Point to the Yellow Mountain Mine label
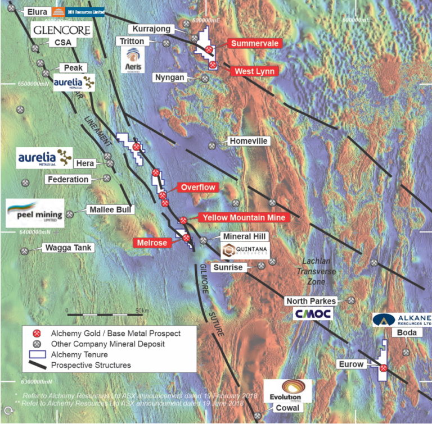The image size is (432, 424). point(244,217)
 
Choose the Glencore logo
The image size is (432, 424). point(61,30)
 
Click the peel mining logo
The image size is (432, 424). point(34,213)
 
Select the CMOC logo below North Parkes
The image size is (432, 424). point(313,313)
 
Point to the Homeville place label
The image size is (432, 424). point(247,141)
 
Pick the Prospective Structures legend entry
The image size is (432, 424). point(91,365)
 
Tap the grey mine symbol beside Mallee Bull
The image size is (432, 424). point(70,214)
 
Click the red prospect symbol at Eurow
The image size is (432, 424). point(383,368)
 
